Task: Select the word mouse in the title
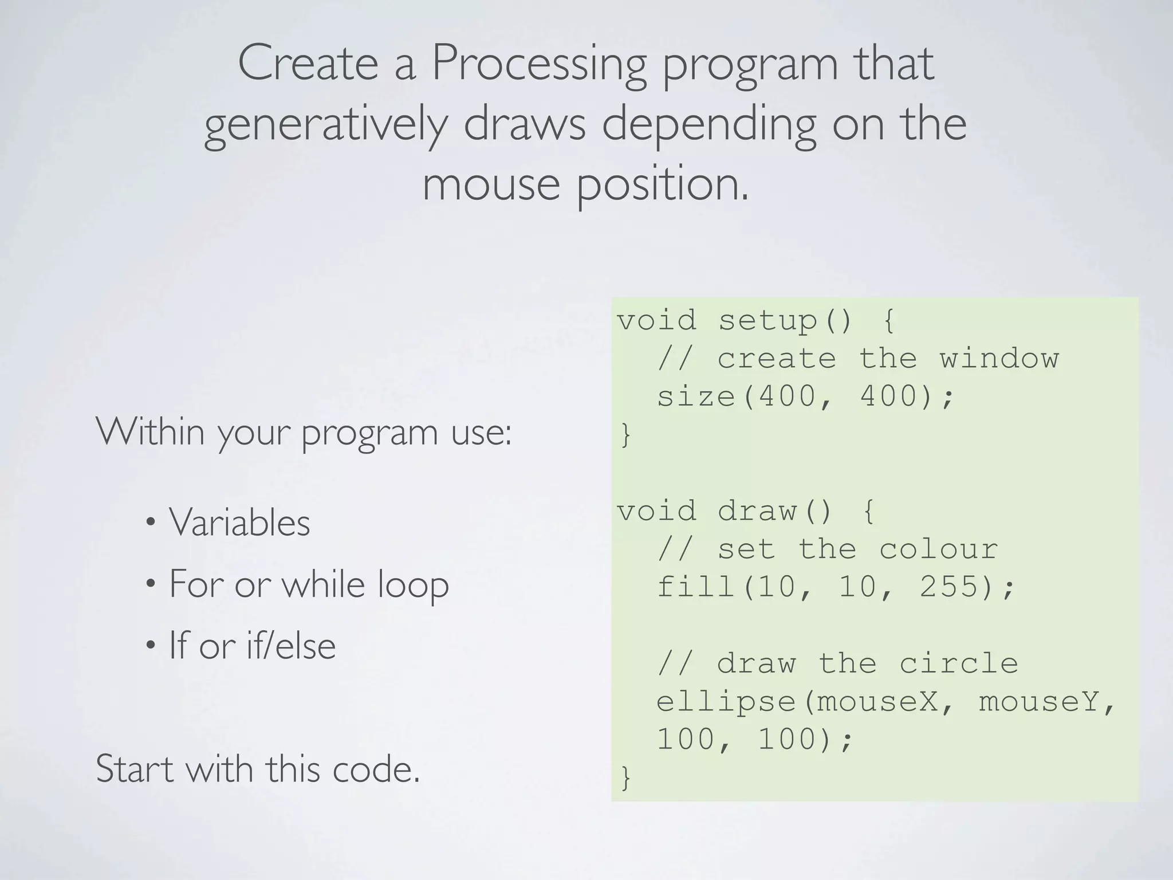coord(491,185)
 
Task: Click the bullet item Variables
coord(239,523)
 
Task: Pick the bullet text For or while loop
coord(308,584)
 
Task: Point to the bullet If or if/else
coord(252,646)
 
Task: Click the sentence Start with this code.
coord(258,769)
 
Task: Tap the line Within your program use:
coord(304,432)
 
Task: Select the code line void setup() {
coord(755,320)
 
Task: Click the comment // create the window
coord(857,359)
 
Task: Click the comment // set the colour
coord(827,549)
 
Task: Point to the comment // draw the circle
coord(837,663)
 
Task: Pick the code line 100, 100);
coord(754,740)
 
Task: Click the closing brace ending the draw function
coord(625,778)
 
